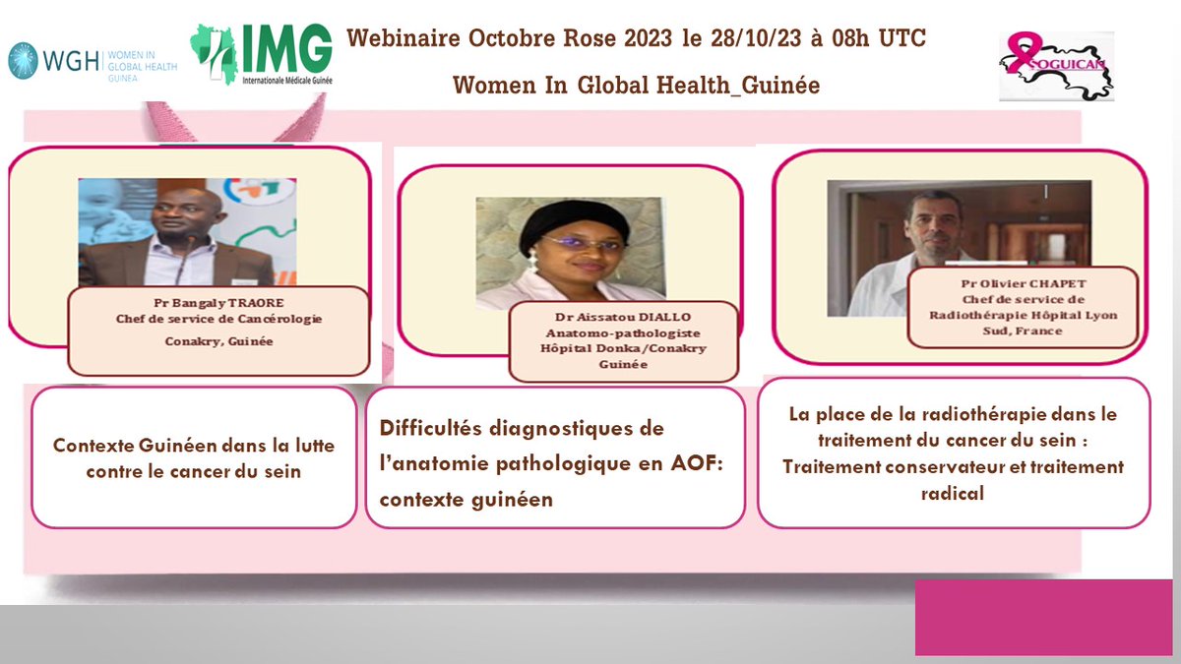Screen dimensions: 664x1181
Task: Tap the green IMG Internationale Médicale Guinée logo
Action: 262,55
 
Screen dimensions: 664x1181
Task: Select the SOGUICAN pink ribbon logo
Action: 1056,66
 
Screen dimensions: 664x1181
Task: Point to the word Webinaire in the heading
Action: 404,39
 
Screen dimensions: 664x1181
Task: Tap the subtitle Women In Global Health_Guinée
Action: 636,86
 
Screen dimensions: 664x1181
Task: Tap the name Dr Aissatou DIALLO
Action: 622,318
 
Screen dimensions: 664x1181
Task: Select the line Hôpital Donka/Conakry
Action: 622,348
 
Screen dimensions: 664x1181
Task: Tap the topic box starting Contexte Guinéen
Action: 195,457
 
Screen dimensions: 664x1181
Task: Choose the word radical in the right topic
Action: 952,494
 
